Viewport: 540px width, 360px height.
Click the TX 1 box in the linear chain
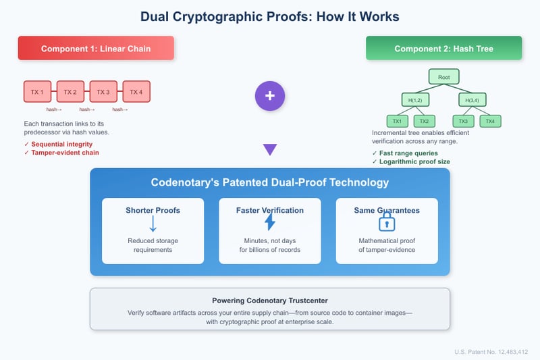(x=37, y=92)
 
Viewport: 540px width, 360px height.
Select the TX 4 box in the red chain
(x=136, y=92)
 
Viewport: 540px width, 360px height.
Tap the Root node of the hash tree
(x=443, y=77)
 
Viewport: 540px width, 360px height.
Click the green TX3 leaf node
(x=463, y=122)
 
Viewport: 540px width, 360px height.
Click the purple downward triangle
(x=270, y=149)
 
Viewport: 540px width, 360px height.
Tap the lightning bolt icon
(x=270, y=223)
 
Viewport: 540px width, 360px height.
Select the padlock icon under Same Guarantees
(x=387, y=223)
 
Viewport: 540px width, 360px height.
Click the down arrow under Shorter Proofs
(x=153, y=224)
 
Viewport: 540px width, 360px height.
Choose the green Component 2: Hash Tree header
(x=443, y=49)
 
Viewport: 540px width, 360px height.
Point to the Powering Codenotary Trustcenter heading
(x=270, y=301)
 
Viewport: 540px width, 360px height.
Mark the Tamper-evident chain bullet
(x=64, y=153)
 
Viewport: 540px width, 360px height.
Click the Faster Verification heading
(x=270, y=210)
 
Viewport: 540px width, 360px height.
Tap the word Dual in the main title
(x=159, y=16)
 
